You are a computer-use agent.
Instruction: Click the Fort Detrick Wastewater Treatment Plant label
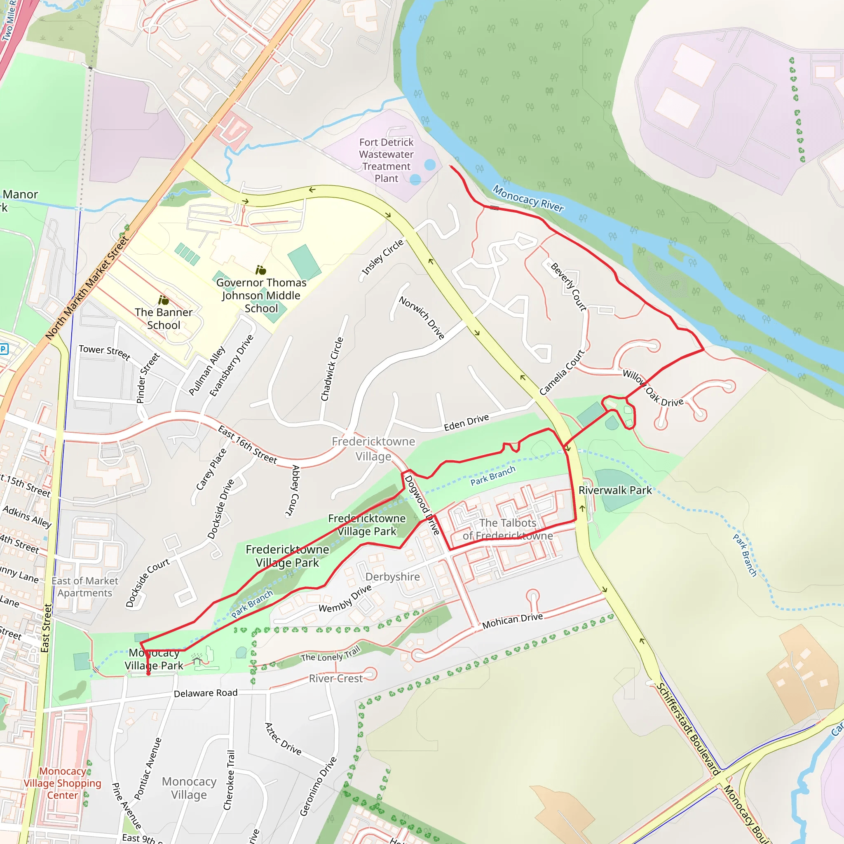point(386,160)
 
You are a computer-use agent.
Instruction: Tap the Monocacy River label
point(528,198)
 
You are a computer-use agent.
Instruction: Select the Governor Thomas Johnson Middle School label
point(261,295)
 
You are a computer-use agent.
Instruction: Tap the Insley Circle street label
point(382,258)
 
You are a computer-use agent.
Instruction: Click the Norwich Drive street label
point(422,317)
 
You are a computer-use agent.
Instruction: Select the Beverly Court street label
point(568,286)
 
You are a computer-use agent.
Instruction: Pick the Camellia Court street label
point(561,372)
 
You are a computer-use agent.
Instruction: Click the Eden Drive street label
point(466,422)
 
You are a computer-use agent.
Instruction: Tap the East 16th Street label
point(247,444)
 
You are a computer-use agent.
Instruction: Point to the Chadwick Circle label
point(332,369)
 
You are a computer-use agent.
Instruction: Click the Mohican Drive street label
point(512,620)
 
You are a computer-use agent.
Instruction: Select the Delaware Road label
point(205,693)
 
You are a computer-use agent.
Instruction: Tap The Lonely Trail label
point(330,654)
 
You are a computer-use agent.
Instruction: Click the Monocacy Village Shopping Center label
point(63,783)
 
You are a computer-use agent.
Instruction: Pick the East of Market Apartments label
point(85,587)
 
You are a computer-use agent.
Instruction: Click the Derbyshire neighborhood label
point(392,577)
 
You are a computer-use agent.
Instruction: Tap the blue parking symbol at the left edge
point(3,348)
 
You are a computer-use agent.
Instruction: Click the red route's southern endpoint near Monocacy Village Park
point(148,674)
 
